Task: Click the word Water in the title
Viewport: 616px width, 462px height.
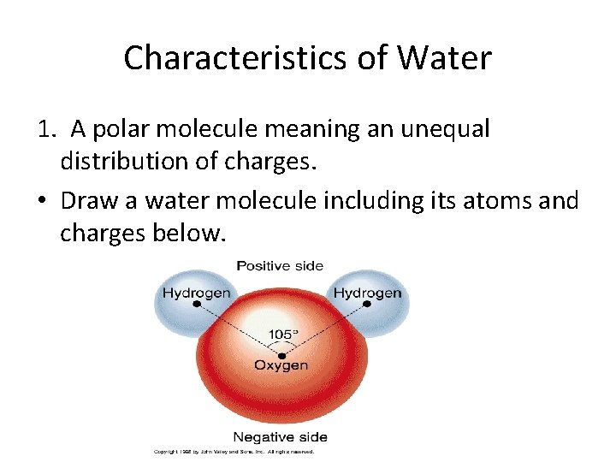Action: click(x=451, y=58)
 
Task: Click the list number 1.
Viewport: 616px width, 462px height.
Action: click(x=45, y=129)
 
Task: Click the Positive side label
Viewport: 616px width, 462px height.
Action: click(x=280, y=265)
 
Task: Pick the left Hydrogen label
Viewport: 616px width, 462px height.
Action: click(x=197, y=293)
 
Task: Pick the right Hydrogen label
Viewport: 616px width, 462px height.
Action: click(x=367, y=293)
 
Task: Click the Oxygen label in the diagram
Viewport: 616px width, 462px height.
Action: click(x=281, y=365)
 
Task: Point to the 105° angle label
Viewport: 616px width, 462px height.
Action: click(x=282, y=334)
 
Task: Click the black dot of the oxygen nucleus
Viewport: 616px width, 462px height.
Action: click(x=281, y=353)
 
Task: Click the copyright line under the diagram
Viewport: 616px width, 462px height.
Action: click(x=234, y=451)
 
